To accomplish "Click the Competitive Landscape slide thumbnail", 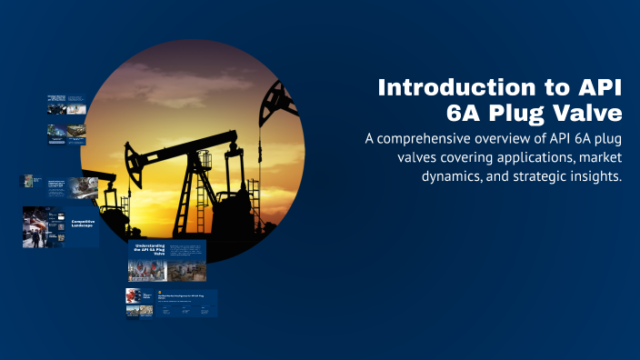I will coord(61,227).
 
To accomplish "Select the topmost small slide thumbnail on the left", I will coord(67,104).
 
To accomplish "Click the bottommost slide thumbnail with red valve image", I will coord(172,303).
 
